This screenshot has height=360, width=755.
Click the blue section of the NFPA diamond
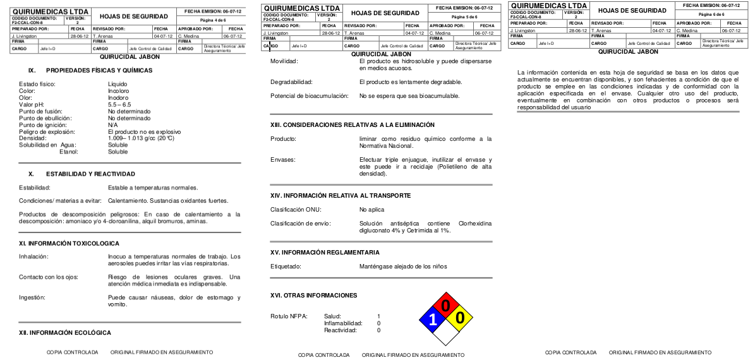coord(432,319)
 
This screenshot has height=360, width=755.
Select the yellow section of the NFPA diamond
coord(460,319)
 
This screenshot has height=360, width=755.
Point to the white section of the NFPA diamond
coord(446,333)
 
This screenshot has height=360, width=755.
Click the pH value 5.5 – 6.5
coord(121,104)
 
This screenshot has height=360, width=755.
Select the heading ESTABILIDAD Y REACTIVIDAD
coord(90,174)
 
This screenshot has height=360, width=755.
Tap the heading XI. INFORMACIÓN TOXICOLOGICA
coord(69,243)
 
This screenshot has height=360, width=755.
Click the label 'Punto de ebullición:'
coord(45,118)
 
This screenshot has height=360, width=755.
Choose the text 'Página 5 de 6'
coord(467,16)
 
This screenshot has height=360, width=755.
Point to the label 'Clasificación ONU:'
coord(296,209)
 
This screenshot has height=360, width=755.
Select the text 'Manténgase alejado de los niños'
coord(402,266)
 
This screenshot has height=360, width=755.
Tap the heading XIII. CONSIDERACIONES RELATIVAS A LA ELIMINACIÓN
coord(352,125)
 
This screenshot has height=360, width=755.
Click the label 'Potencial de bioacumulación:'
coord(310,96)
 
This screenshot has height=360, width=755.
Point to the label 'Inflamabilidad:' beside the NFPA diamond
coord(343,323)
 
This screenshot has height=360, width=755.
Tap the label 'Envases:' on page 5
coord(283,160)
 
